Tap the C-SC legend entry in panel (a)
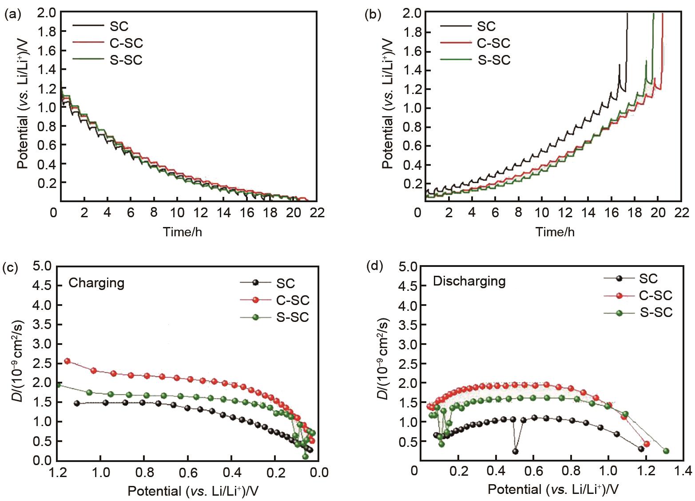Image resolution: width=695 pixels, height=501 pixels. click(x=126, y=43)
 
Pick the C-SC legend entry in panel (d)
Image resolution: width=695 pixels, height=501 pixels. click(x=655, y=295)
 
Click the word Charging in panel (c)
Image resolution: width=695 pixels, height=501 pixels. click(x=96, y=283)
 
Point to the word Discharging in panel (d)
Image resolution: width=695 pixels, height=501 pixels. click(x=469, y=281)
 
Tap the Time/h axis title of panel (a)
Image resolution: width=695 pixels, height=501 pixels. click(x=183, y=231)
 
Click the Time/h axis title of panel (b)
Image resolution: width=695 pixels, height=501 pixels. click(x=555, y=231)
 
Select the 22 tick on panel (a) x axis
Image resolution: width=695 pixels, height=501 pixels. click(x=318, y=213)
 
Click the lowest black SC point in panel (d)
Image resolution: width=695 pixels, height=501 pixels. click(x=515, y=451)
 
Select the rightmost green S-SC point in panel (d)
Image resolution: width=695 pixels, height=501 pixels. click(x=666, y=451)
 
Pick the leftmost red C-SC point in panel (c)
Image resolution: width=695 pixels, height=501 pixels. click(x=68, y=361)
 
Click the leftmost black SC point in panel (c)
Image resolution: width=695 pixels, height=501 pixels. click(x=77, y=403)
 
